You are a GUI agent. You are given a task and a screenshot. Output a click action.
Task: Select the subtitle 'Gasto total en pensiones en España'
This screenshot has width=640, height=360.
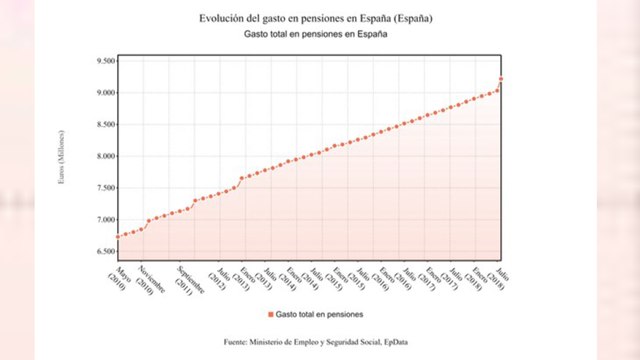[316, 35]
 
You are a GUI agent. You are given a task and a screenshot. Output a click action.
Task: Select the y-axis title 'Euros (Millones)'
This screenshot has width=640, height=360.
[63, 157]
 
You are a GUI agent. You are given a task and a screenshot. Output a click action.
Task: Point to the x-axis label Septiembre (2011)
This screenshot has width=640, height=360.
[190, 284]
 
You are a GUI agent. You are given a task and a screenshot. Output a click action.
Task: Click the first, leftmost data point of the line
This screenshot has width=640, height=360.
[118, 236]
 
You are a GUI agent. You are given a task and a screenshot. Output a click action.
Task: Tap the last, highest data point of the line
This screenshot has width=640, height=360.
[501, 79]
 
